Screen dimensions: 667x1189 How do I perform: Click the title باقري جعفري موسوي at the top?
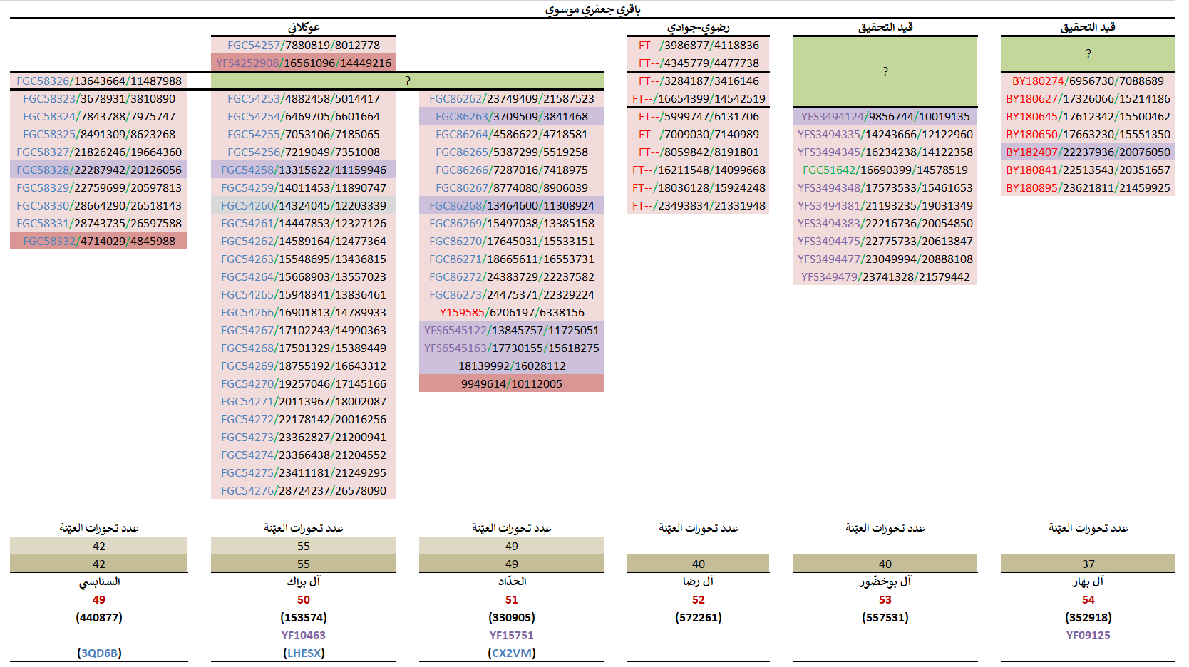pyautogui.click(x=592, y=9)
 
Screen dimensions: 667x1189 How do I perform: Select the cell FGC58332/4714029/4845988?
pyautogui.click(x=99, y=241)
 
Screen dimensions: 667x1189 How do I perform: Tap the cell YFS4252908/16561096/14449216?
pyautogui.click(x=304, y=63)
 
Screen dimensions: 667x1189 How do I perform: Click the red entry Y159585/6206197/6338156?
pyautogui.click(x=512, y=312)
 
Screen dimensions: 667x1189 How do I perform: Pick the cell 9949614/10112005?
pyautogui.click(x=512, y=383)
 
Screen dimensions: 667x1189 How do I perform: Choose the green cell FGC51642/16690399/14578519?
pyautogui.click(x=885, y=170)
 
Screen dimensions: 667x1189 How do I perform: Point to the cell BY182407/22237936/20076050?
pyautogui.click(x=1088, y=152)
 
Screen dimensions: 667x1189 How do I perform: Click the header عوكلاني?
pyautogui.click(x=304, y=27)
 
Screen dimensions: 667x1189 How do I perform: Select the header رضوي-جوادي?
pyautogui.click(x=699, y=27)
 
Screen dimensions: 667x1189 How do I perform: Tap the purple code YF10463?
pyautogui.click(x=304, y=635)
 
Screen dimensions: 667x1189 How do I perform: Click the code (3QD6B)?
pyautogui.click(x=99, y=653)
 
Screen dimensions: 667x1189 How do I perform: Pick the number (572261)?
pyautogui.click(x=699, y=617)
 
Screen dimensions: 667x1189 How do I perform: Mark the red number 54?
pyautogui.click(x=1088, y=599)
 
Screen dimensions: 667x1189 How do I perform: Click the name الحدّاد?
pyautogui.click(x=512, y=581)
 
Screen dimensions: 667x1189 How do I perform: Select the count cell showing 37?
pyautogui.click(x=1088, y=564)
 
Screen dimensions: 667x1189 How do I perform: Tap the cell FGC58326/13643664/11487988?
pyautogui.click(x=99, y=81)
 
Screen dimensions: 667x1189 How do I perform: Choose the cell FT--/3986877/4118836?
pyautogui.click(x=699, y=45)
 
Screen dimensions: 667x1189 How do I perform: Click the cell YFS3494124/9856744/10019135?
pyautogui.click(x=885, y=116)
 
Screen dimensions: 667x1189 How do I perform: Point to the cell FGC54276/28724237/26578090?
pyautogui.click(x=304, y=490)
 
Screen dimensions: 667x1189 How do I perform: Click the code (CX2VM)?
pyautogui.click(x=512, y=653)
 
